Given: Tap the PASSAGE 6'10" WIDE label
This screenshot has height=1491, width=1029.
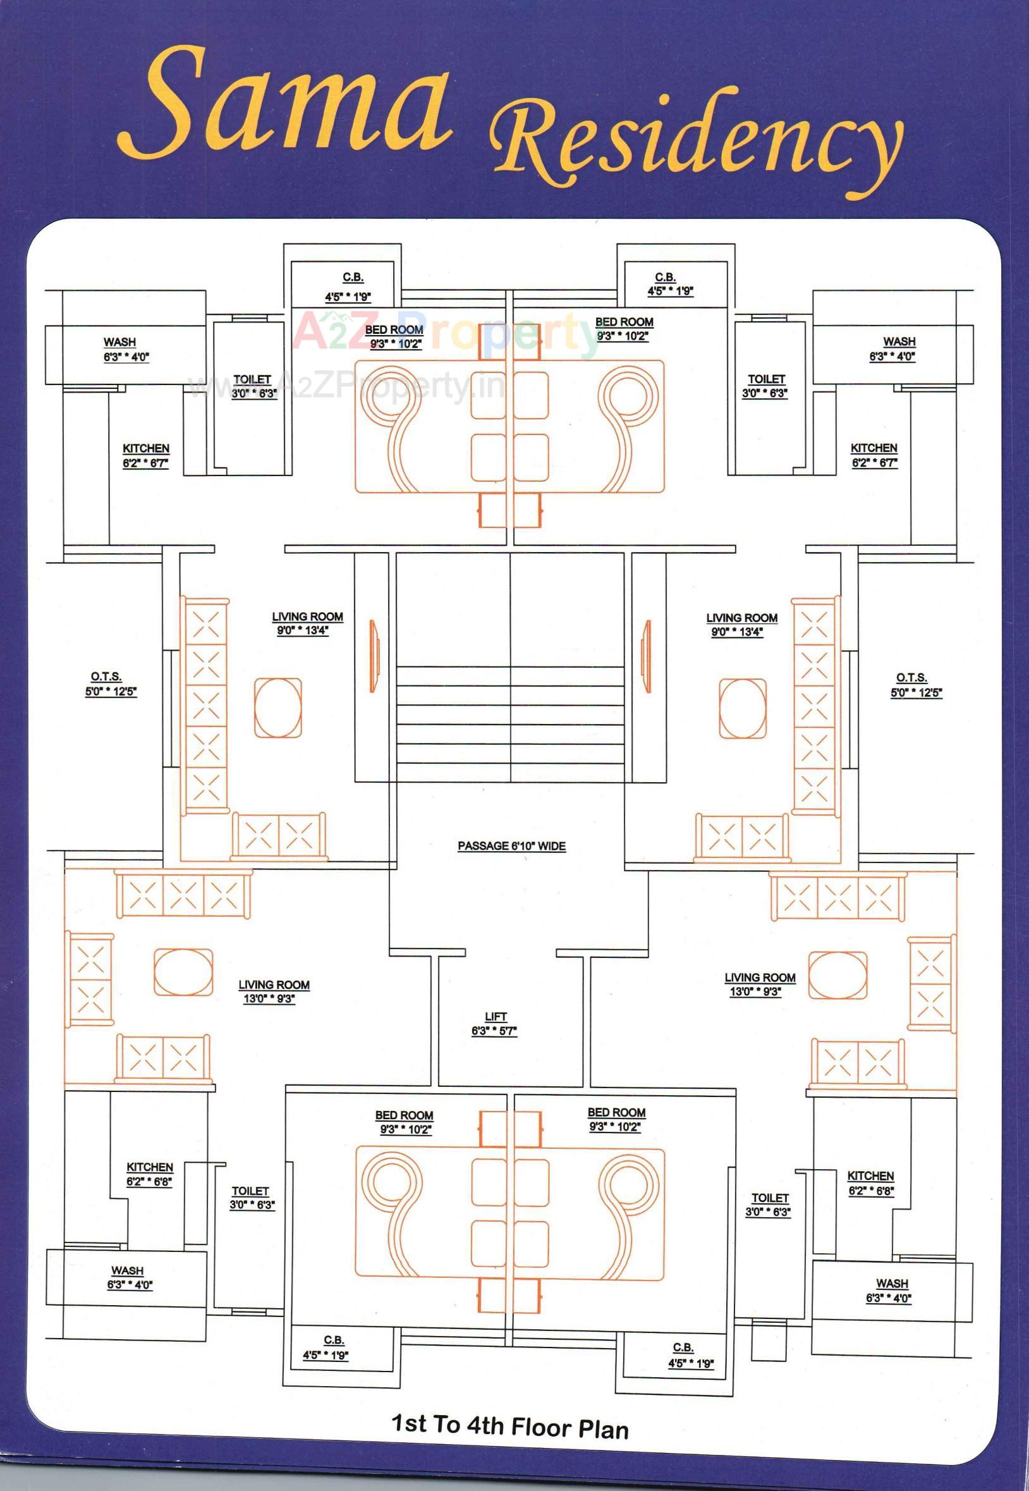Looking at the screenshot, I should tap(511, 845).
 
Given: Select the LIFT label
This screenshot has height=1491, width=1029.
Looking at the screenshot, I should tap(495, 1017).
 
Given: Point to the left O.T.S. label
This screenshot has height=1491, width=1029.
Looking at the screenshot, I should tap(106, 677).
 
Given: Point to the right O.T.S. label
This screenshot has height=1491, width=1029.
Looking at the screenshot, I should tap(911, 677).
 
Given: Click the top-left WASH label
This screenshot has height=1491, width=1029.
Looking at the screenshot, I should tap(120, 342).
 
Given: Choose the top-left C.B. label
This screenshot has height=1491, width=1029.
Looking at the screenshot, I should tap(353, 278).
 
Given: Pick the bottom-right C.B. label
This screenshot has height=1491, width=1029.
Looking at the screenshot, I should tap(683, 1348).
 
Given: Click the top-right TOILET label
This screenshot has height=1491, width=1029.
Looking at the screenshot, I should tap(766, 379).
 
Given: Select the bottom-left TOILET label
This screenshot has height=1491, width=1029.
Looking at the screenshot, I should tap(250, 1191).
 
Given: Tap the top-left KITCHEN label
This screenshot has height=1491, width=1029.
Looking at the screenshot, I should tap(146, 448).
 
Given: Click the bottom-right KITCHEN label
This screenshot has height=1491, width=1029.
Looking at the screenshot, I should tap(870, 1175).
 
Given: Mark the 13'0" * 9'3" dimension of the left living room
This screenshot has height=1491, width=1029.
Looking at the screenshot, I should tap(269, 999).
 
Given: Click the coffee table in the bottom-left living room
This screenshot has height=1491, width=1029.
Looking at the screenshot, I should tap(183, 972).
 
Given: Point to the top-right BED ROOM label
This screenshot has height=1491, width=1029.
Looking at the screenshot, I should tap(624, 322).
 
